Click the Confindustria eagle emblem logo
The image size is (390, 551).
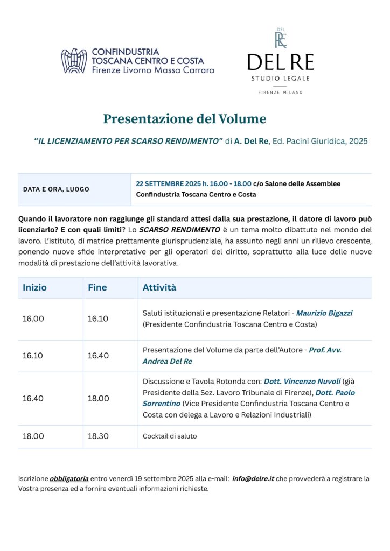click(x=74, y=61)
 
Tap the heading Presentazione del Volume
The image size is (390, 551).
click(x=184, y=118)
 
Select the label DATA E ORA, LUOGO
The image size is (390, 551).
click(x=56, y=189)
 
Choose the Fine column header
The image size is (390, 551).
click(x=97, y=288)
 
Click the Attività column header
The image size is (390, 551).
click(x=159, y=288)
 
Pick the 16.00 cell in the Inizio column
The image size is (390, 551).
click(x=33, y=319)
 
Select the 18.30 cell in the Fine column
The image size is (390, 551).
click(x=98, y=436)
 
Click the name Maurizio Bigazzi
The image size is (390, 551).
click(x=324, y=313)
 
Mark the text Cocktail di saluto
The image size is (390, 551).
click(x=169, y=436)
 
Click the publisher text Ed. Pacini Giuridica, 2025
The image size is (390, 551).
click(x=321, y=142)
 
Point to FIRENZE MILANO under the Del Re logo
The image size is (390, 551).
click(x=280, y=93)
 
